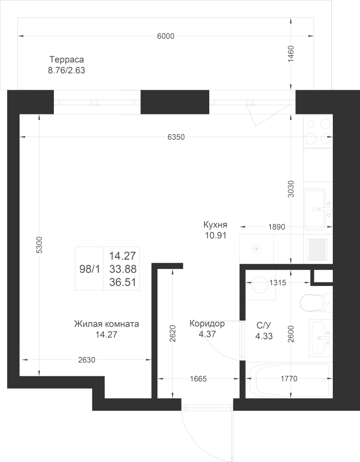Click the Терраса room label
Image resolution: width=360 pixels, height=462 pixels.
(67, 60)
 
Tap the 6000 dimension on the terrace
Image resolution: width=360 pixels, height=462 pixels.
(166, 36)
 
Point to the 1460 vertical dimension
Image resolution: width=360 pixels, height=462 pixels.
(291, 53)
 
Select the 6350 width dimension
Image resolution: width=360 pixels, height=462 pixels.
(176, 137)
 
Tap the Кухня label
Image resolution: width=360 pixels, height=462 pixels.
(215, 225)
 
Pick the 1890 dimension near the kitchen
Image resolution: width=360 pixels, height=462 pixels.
(277, 227)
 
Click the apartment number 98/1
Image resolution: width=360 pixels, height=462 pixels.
(90, 268)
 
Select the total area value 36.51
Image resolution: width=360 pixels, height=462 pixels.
(123, 282)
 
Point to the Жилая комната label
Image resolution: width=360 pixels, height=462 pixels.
(107, 324)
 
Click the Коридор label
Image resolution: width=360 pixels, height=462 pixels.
(207, 323)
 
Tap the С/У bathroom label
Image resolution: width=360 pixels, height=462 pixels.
(264, 325)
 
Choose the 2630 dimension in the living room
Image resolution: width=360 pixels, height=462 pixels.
(87, 360)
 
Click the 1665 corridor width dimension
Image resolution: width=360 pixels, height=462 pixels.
(198, 379)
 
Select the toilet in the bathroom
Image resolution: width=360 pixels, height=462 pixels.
(316, 302)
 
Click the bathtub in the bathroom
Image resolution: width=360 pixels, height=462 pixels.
(289, 379)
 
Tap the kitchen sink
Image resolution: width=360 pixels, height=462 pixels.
(318, 209)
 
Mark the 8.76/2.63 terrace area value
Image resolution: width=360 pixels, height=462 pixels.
(67, 71)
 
